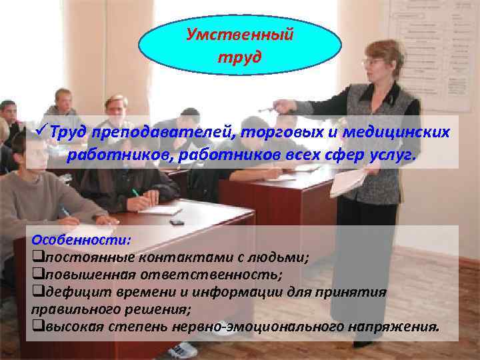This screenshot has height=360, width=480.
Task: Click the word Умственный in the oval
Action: [x=239, y=33]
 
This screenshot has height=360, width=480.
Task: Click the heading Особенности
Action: [x=81, y=239]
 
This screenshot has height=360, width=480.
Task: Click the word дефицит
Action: [x=68, y=292]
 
